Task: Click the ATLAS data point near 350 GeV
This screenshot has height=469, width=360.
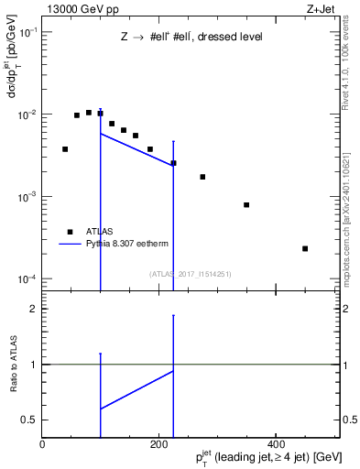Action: point(246,204)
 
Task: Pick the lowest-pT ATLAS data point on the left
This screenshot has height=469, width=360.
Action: point(65,148)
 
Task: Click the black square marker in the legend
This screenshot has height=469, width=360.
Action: point(70,232)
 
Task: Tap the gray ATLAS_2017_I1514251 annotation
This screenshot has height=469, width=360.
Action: point(191,274)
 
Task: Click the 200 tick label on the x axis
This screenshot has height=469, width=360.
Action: point(159,444)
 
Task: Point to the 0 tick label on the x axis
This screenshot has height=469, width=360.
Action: point(43,444)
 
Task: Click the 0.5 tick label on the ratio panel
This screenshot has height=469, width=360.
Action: point(31,420)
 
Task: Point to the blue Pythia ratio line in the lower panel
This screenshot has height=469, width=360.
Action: point(136,389)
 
